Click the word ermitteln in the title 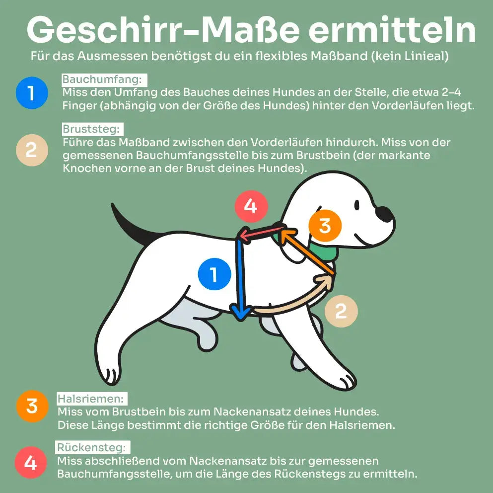coord(392,31)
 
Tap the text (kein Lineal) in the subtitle coord(409,56)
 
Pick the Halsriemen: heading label coord(92,399)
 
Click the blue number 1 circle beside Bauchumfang coord(31,92)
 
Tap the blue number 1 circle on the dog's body coord(214,274)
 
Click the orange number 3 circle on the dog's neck coord(325,225)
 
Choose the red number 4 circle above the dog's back coord(251,205)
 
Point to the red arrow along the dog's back coord(262,233)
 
